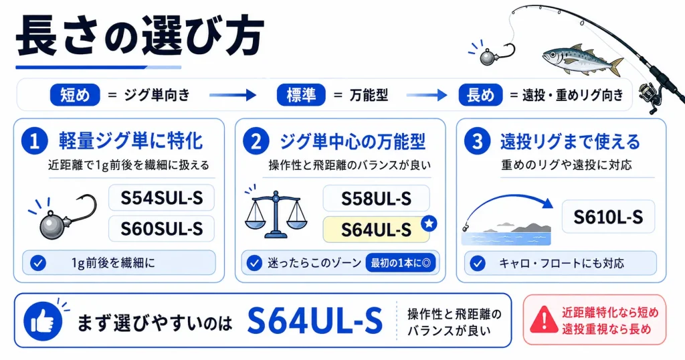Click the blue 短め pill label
tap(75, 95)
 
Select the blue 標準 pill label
tap(301, 95)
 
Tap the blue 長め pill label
tap(480, 95)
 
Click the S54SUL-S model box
tap(162, 198)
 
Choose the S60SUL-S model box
tap(162, 228)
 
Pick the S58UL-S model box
tap(376, 198)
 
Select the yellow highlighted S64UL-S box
tap(376, 230)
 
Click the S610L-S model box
tap(608, 217)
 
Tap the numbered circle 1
tap(35, 141)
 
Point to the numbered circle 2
tap(256, 141)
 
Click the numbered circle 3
tap(477, 141)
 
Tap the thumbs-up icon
tap(43, 322)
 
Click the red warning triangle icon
tap(544, 319)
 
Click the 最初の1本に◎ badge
tap(401, 263)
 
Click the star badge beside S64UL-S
tap(429, 223)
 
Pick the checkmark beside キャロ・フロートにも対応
tap(478, 263)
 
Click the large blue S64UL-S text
tap(314, 321)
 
